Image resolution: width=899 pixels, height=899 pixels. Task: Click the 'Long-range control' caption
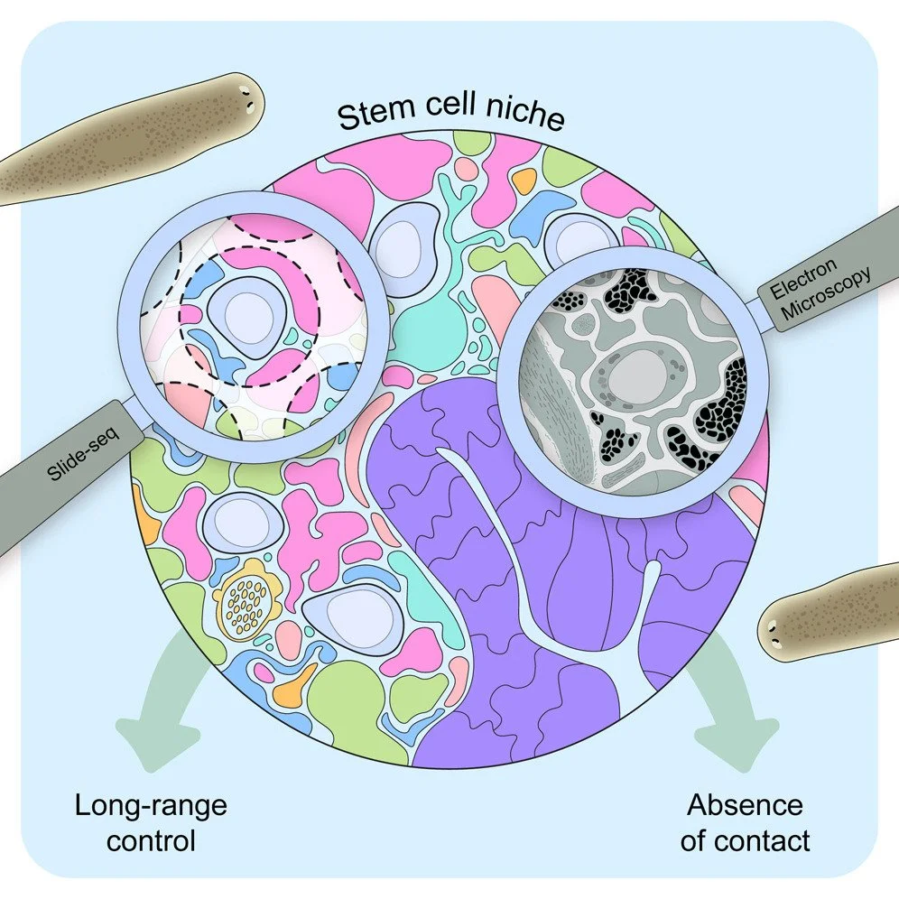click(151, 823)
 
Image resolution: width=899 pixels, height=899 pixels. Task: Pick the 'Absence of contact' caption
click(746, 823)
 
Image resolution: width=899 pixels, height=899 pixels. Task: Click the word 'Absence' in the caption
click(746, 803)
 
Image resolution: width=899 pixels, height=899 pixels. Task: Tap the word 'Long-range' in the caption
click(151, 803)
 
